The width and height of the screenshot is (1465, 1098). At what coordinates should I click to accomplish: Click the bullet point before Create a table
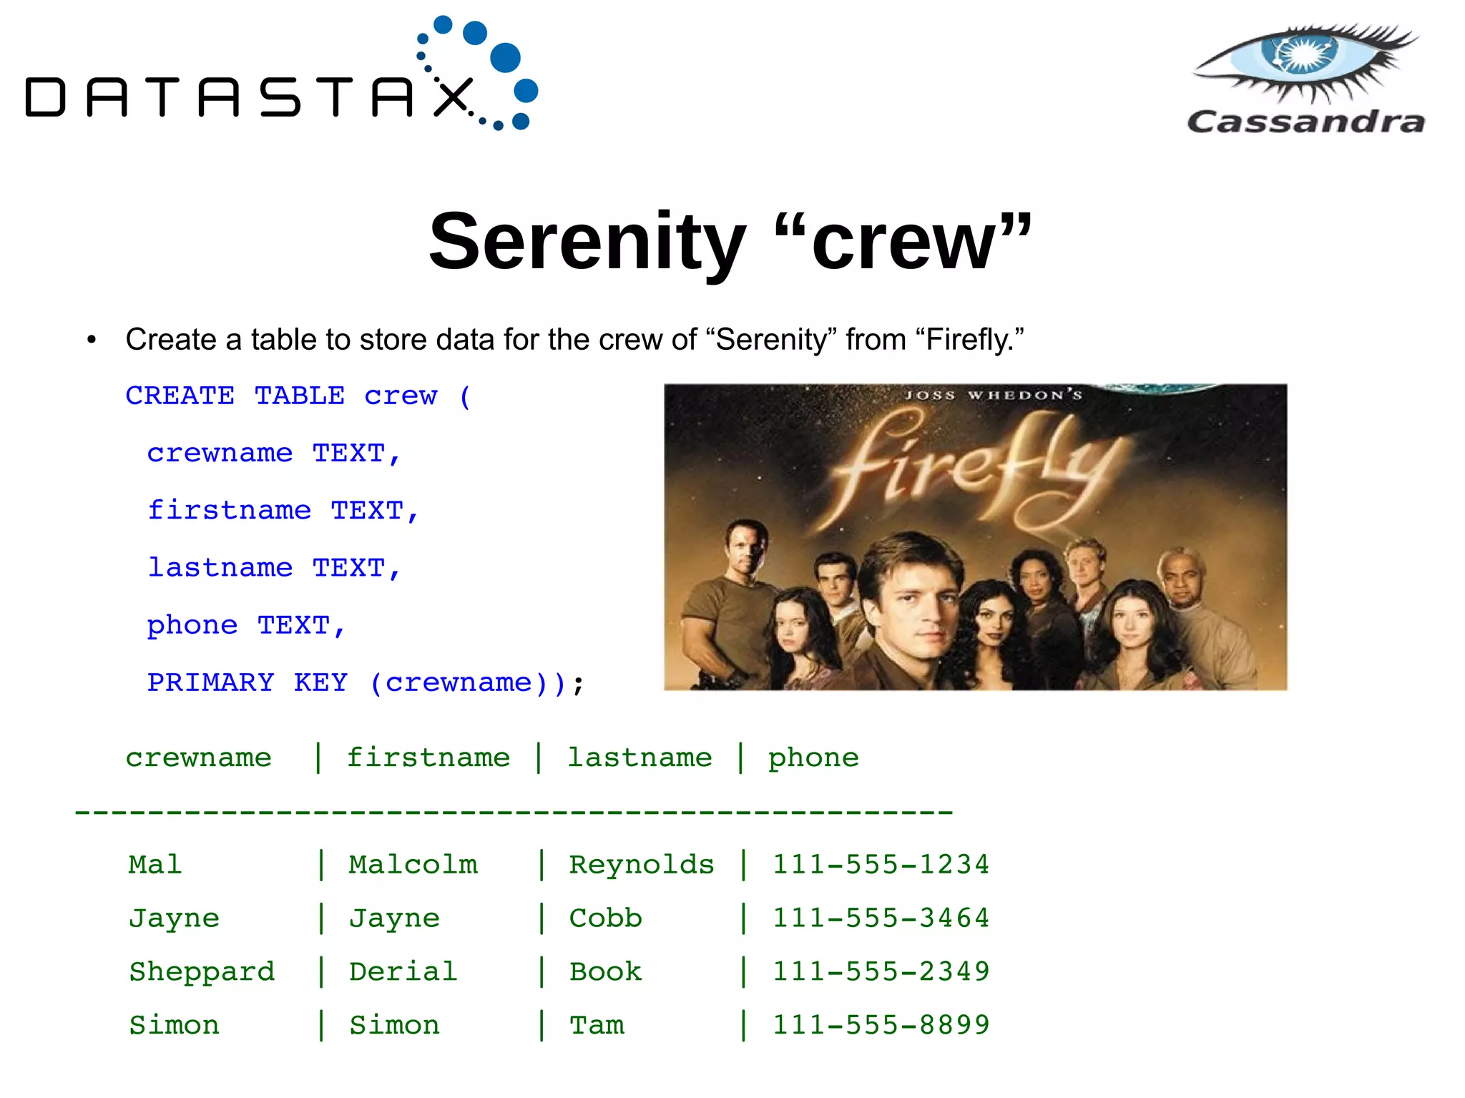tap(91, 340)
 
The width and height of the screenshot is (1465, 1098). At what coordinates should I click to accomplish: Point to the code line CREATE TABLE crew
tap(298, 396)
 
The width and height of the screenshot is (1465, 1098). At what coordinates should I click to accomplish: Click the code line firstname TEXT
tap(283, 511)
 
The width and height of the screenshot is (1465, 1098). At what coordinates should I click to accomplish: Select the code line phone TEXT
tap(245, 625)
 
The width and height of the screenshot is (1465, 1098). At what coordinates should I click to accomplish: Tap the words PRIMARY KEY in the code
tap(247, 682)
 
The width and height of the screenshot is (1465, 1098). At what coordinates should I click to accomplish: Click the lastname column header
tap(640, 758)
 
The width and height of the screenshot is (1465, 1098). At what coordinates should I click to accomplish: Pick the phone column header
tap(813, 758)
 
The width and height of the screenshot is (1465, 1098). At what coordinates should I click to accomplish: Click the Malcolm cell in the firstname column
tap(413, 865)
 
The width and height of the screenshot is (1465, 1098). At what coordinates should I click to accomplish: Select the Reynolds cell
tap(641, 865)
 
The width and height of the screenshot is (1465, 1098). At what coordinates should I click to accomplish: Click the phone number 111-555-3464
tap(881, 918)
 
